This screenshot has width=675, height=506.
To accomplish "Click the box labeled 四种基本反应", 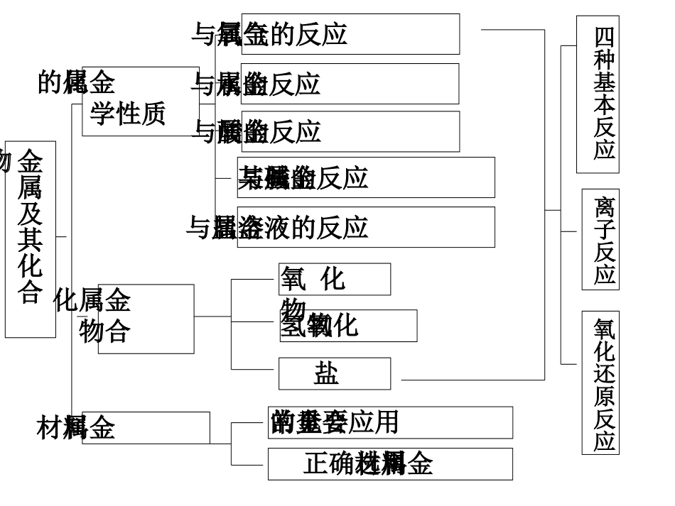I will [598, 94].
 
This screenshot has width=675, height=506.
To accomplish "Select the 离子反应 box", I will [600, 239].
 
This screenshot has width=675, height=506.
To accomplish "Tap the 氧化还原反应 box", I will [600, 382].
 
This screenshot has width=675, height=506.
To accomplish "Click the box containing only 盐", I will [334, 373].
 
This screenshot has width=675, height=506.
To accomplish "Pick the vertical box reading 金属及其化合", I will [31, 239].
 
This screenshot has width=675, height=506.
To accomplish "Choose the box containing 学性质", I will [140, 101].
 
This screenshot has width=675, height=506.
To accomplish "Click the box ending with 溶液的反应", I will [366, 227].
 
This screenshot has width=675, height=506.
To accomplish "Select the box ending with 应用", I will [390, 422].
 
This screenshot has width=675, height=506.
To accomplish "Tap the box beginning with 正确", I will [390, 463].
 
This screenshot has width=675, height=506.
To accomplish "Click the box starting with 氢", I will [348, 326].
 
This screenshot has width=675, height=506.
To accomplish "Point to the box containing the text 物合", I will [146, 319].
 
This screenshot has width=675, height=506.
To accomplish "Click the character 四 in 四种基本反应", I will [605, 36].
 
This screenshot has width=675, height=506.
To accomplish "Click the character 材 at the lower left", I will [48, 428].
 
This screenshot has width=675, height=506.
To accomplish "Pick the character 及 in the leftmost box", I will [30, 213].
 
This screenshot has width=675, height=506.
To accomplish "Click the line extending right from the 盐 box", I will [469, 380].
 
